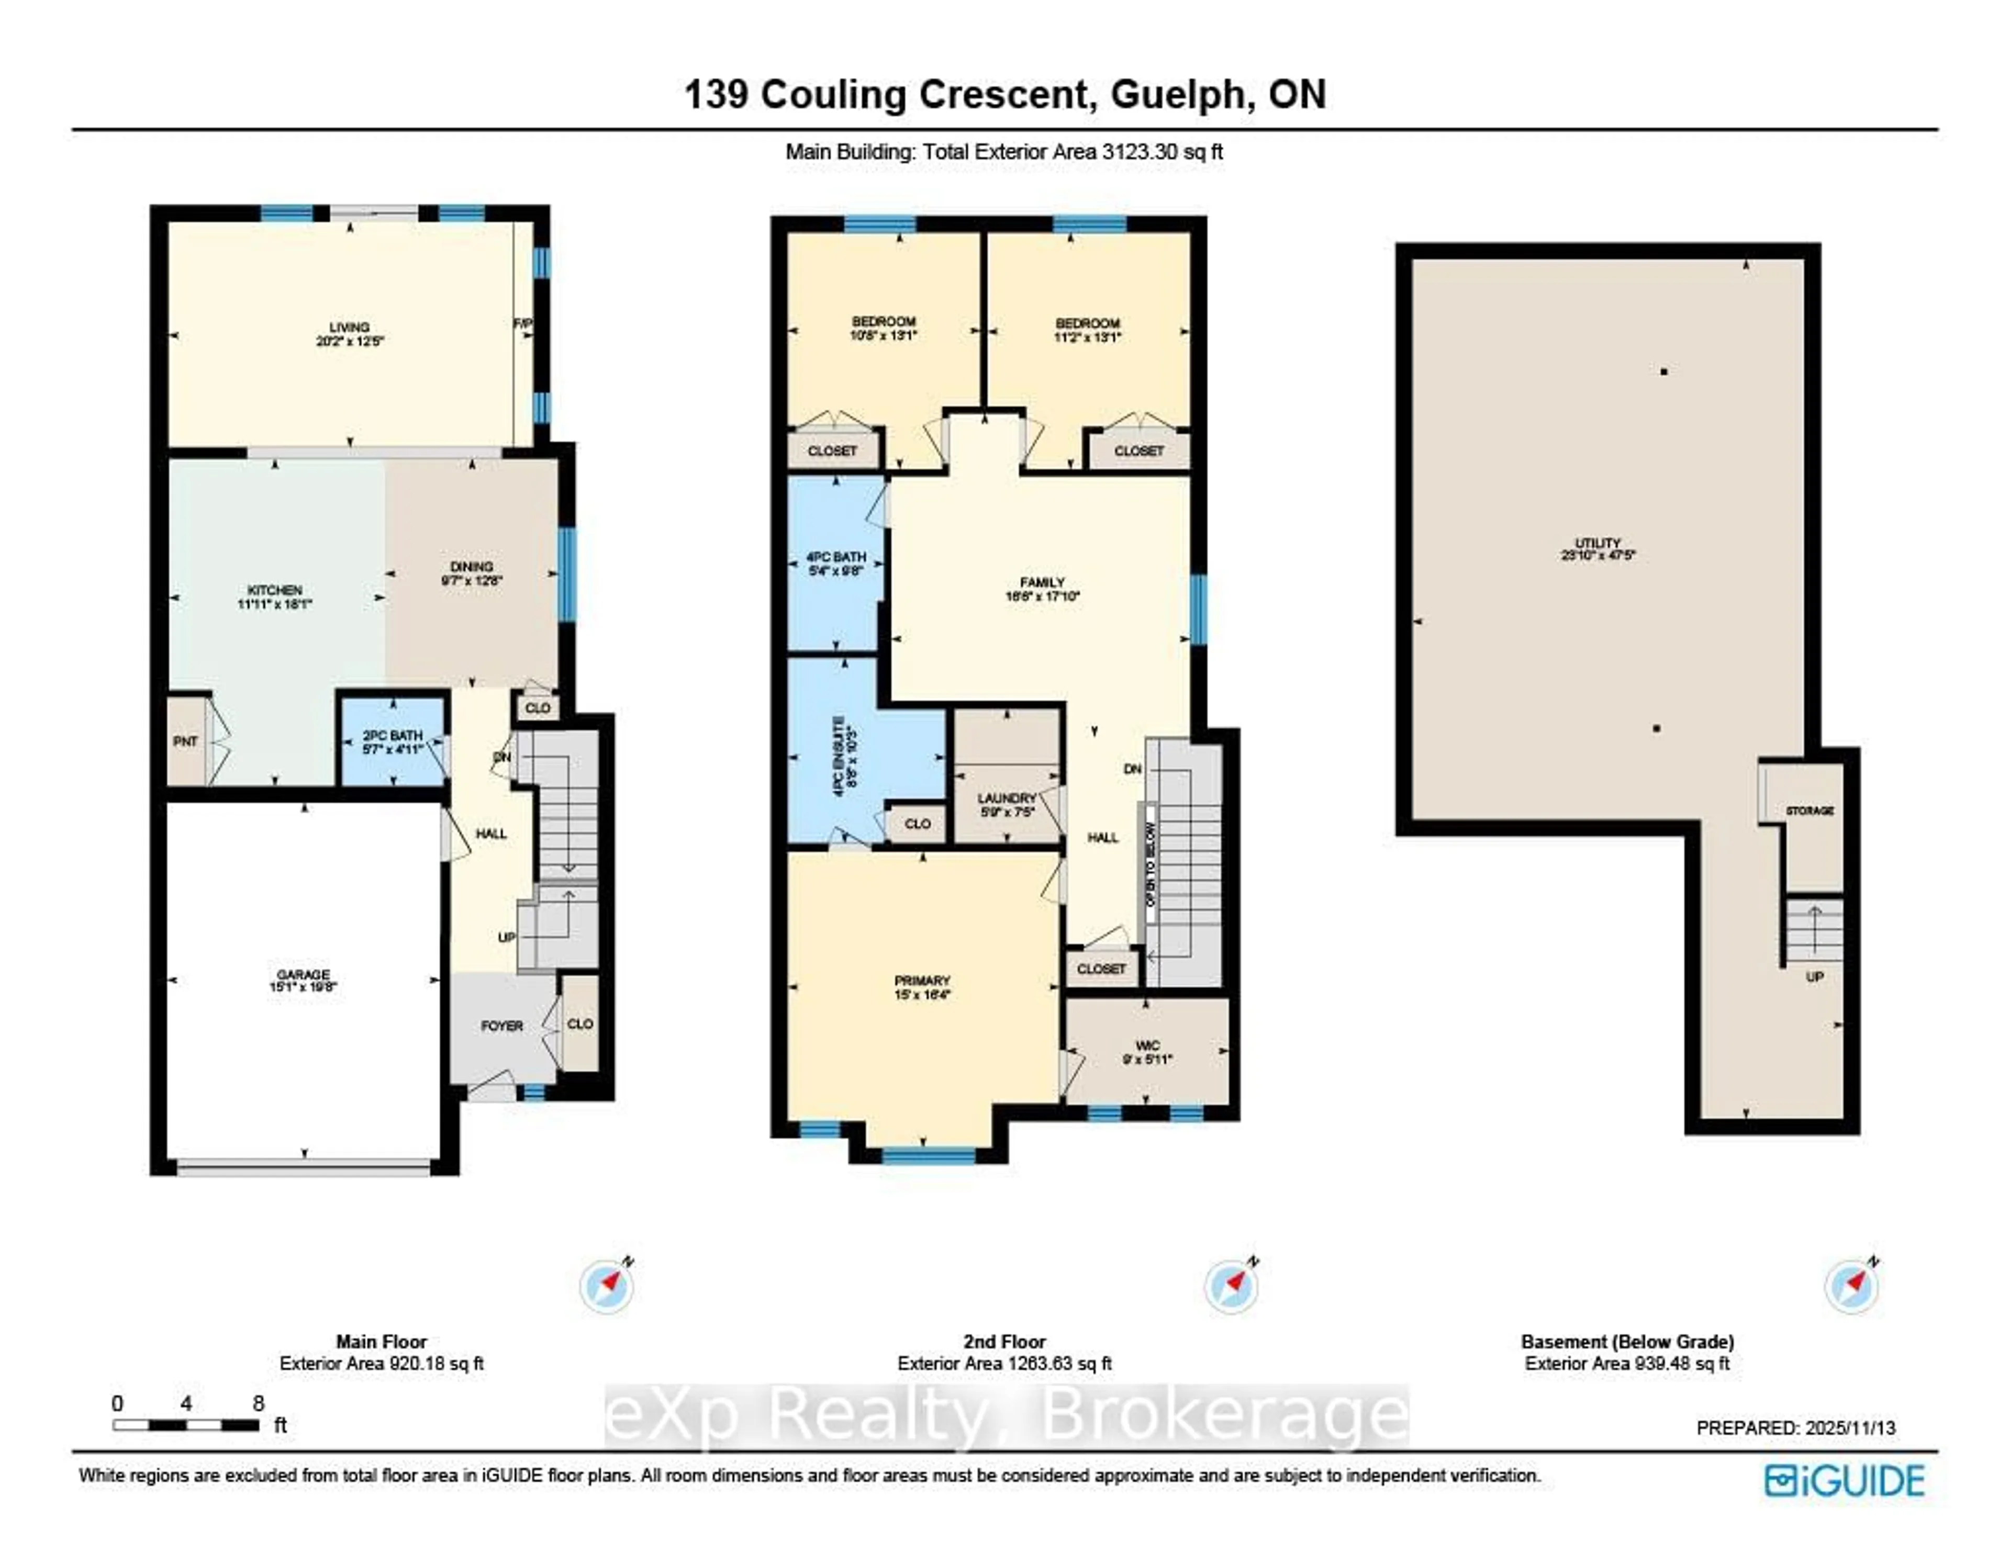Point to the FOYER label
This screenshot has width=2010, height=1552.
[501, 1026]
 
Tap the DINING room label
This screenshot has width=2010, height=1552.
[471, 567]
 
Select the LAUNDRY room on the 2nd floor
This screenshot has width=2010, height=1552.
[1007, 799]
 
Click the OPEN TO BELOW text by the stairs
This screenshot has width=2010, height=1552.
[1149, 863]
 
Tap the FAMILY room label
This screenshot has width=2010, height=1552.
[1042, 582]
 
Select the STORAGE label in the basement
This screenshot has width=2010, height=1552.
[1810, 811]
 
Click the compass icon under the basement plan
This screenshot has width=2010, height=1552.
[1851, 1286]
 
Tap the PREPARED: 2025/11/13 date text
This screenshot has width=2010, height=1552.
[1795, 1428]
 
